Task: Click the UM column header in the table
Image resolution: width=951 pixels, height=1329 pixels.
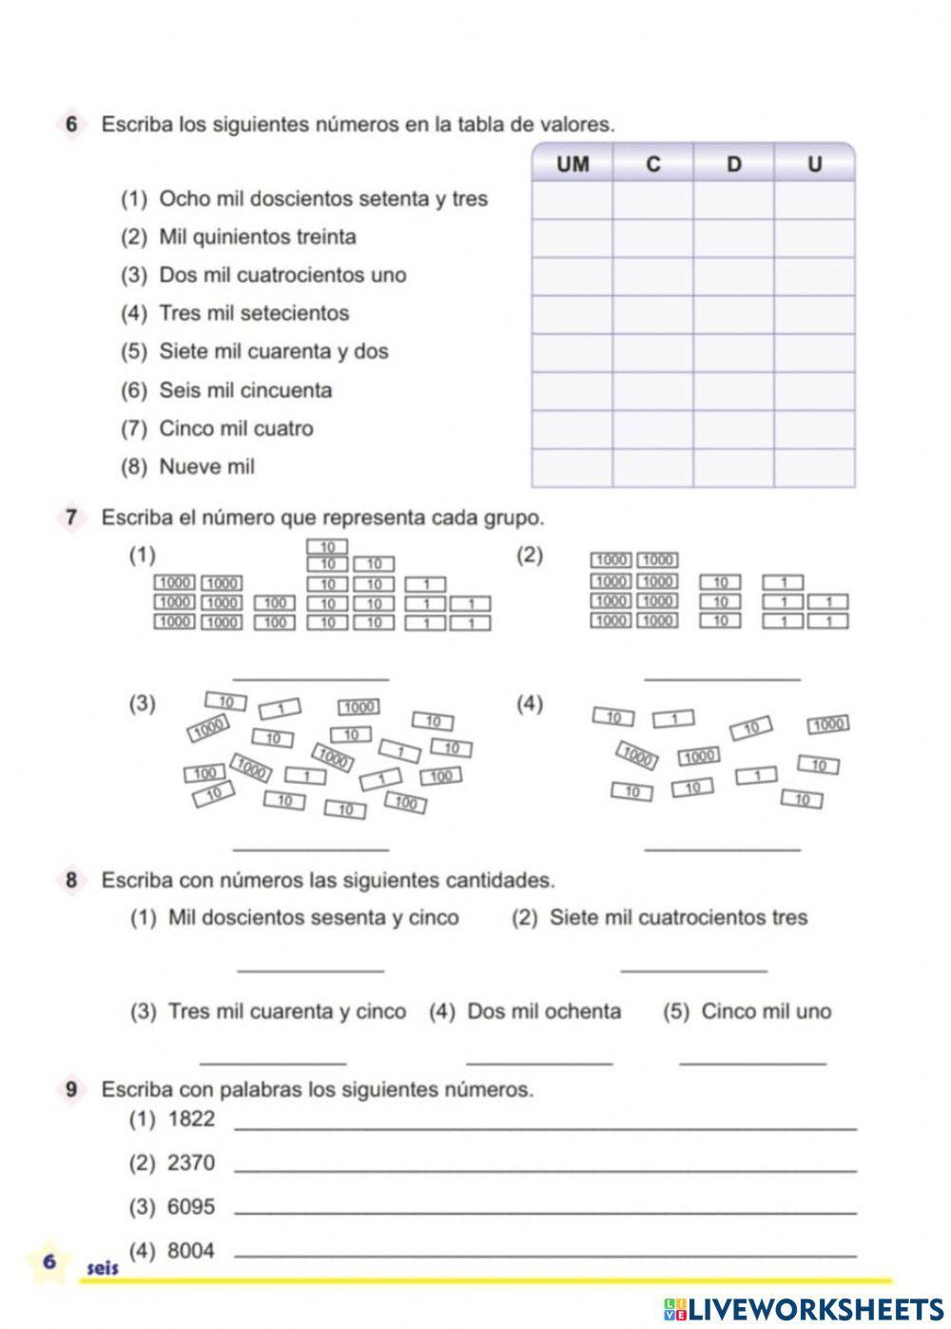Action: click(573, 165)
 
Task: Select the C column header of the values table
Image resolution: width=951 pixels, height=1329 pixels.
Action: click(652, 165)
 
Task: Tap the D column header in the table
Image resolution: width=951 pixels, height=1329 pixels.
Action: click(733, 165)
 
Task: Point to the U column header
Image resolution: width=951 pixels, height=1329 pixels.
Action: click(814, 165)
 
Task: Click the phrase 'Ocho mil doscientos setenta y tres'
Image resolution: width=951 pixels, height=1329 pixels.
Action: click(322, 199)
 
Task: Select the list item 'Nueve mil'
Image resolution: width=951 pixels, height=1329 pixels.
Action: click(206, 467)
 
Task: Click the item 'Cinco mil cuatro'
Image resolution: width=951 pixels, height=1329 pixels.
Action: click(236, 428)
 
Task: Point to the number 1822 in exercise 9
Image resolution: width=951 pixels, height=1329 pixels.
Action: click(191, 1119)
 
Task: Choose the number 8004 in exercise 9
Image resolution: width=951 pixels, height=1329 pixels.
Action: click(191, 1251)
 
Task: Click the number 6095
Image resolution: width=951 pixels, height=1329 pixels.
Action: click(191, 1207)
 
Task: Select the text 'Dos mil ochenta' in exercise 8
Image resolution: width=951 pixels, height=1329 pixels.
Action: click(543, 1011)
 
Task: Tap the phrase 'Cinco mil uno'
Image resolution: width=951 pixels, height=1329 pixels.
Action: click(766, 1011)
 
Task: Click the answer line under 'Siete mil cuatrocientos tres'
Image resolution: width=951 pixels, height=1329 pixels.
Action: click(693, 969)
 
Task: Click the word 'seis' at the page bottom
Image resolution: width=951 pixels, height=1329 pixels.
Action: click(103, 1269)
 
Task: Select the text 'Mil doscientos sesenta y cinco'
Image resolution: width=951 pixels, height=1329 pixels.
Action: click(313, 918)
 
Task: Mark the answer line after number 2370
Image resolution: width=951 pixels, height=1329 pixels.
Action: click(544, 1169)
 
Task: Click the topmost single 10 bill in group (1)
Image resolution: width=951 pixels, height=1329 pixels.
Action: click(327, 547)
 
